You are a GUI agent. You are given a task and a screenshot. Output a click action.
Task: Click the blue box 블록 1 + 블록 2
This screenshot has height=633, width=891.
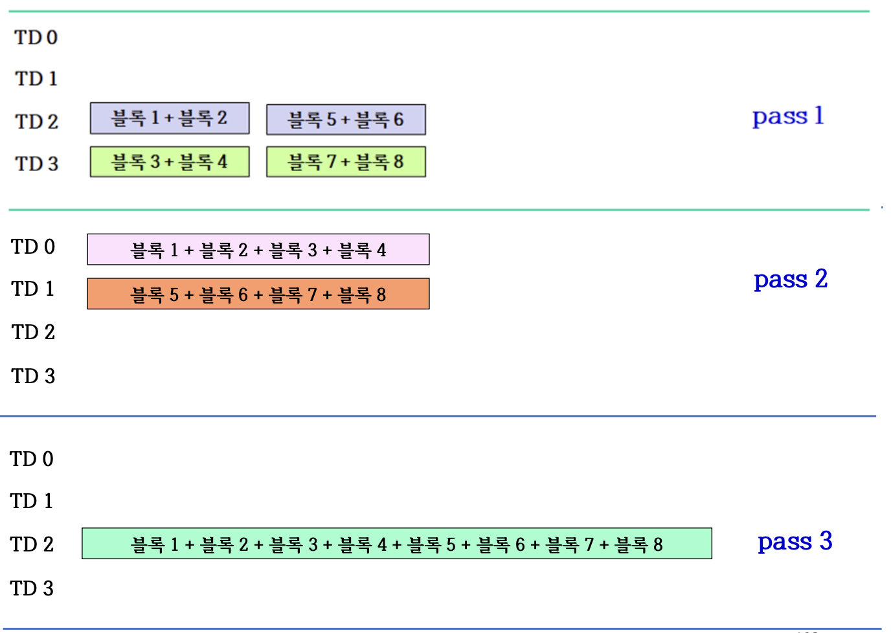(x=169, y=118)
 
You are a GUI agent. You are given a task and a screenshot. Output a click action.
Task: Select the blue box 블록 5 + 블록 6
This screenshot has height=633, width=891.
(x=346, y=120)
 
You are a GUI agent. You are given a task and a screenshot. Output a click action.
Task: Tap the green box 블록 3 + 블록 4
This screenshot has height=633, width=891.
(x=169, y=162)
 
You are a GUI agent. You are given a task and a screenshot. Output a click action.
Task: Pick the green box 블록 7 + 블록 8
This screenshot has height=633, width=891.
(x=346, y=162)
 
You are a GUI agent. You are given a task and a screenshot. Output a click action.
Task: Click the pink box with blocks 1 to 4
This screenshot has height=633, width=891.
(x=258, y=250)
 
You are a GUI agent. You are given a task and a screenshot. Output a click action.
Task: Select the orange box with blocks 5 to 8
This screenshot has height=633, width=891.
(x=258, y=294)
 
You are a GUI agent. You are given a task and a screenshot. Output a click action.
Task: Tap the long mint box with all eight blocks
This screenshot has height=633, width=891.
(x=396, y=544)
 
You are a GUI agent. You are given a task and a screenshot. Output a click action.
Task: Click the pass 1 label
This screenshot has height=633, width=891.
(x=788, y=117)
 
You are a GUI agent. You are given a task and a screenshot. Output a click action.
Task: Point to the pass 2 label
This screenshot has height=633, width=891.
(x=791, y=280)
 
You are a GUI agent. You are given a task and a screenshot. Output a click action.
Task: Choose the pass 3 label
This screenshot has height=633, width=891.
(x=795, y=541)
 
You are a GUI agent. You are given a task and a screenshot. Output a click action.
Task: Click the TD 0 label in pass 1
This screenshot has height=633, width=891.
(x=36, y=38)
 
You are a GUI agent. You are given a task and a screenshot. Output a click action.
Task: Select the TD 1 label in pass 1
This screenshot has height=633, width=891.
(x=36, y=79)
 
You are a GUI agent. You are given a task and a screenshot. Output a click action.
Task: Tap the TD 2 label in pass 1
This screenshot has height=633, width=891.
(x=37, y=121)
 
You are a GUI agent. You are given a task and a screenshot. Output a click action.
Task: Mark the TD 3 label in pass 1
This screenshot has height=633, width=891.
(x=37, y=164)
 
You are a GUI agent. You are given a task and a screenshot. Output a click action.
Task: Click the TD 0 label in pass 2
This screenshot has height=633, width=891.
(x=33, y=247)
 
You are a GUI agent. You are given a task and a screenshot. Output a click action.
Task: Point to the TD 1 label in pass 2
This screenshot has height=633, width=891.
(x=32, y=289)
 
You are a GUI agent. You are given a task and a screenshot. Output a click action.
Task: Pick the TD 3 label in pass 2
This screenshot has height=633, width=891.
(x=33, y=376)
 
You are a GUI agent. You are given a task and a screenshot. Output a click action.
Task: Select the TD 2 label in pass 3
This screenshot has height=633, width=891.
(x=32, y=544)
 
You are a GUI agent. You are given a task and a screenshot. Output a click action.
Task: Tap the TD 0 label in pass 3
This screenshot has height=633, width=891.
(x=32, y=459)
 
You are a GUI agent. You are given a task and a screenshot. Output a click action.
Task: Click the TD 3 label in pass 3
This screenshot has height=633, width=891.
(x=32, y=588)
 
